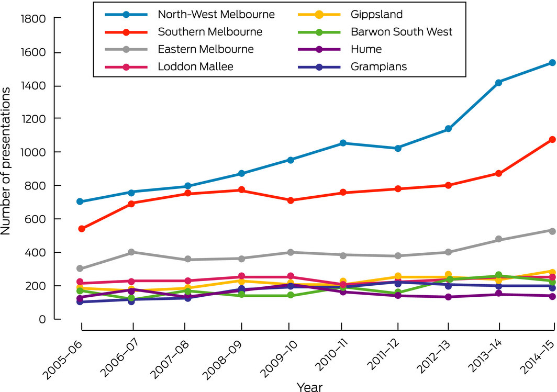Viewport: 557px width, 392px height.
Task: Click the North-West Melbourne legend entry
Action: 216,14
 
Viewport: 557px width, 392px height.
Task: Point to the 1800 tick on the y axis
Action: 34,19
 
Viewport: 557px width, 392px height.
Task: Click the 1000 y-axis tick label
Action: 34,152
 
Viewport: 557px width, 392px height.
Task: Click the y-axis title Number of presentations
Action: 7,161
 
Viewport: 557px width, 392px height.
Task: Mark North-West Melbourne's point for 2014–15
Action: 552,63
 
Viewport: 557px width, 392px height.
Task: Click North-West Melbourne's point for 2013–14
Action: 499,82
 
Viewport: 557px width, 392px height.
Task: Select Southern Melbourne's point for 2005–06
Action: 82,229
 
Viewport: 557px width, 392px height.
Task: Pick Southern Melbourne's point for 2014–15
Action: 552,140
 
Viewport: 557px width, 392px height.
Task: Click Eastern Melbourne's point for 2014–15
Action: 552,230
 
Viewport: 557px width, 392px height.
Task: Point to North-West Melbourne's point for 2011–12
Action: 398,148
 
